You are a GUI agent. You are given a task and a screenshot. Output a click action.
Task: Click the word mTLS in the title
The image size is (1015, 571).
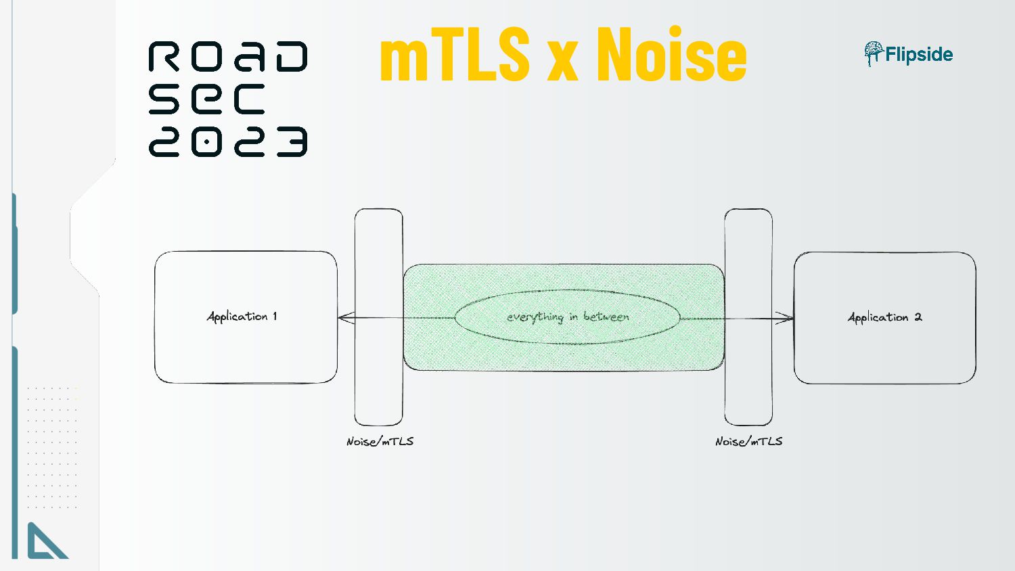click(x=454, y=55)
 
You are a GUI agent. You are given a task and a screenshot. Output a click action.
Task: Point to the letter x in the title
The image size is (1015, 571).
click(x=563, y=61)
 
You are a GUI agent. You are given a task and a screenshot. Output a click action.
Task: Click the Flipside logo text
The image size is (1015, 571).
click(x=919, y=55)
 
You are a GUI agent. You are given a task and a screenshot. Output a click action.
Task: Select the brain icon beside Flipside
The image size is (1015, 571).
click(x=873, y=53)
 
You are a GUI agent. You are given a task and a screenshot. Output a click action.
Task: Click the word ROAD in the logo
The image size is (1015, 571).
click(x=228, y=57)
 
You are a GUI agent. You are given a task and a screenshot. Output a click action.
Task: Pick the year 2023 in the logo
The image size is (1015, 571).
click(x=228, y=141)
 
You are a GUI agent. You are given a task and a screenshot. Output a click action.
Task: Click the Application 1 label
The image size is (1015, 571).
click(x=242, y=317)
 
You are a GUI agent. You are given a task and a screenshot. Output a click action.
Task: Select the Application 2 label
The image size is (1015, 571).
click(x=884, y=317)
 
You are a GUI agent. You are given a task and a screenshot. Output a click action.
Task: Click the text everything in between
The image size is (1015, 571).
click(x=568, y=317)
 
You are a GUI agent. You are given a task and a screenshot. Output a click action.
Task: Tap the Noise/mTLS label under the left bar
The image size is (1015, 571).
click(x=380, y=441)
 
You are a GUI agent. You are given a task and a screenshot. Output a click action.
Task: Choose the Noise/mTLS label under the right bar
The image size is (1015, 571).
click(x=748, y=441)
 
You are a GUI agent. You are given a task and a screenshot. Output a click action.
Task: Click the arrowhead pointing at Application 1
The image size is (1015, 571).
click(x=345, y=317)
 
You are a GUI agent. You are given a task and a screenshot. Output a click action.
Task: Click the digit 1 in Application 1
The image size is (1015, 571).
click(x=275, y=316)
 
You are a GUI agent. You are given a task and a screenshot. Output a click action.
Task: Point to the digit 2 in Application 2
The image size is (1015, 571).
click(x=918, y=317)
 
